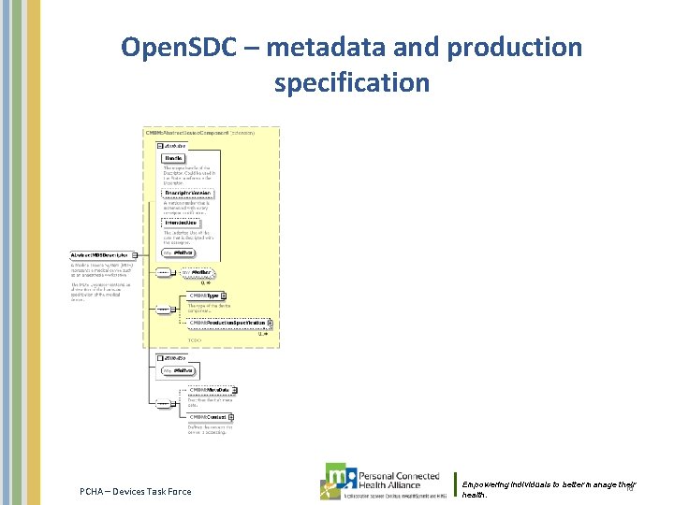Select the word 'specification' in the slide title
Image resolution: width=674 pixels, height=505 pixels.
tap(352, 82)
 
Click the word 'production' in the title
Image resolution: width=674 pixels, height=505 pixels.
tap(508, 48)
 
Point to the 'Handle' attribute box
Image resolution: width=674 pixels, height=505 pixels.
tap(174, 158)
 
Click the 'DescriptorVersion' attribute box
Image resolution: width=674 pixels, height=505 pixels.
tap(189, 194)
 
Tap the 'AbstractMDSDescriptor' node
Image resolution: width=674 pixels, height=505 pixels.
tap(101, 254)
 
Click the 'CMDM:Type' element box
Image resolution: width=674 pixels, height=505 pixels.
tap(205, 296)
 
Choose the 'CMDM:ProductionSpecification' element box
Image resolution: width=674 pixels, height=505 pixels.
tap(227, 324)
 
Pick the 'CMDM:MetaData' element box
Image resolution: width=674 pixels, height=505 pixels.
tap(210, 389)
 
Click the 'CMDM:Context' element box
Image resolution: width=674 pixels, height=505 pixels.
tap(208, 416)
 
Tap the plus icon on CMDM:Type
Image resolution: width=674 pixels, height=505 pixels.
tap(224, 296)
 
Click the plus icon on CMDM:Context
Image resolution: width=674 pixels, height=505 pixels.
tap(230, 416)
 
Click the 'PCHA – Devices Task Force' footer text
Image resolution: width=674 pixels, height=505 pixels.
tap(135, 491)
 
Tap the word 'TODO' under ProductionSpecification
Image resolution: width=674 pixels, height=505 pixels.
tap(195, 340)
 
